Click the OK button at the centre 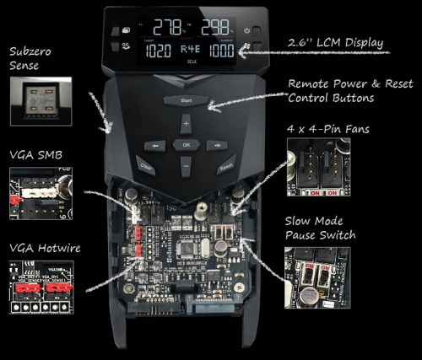click(x=186, y=144)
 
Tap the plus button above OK click(x=186, y=123)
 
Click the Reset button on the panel click(x=225, y=166)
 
